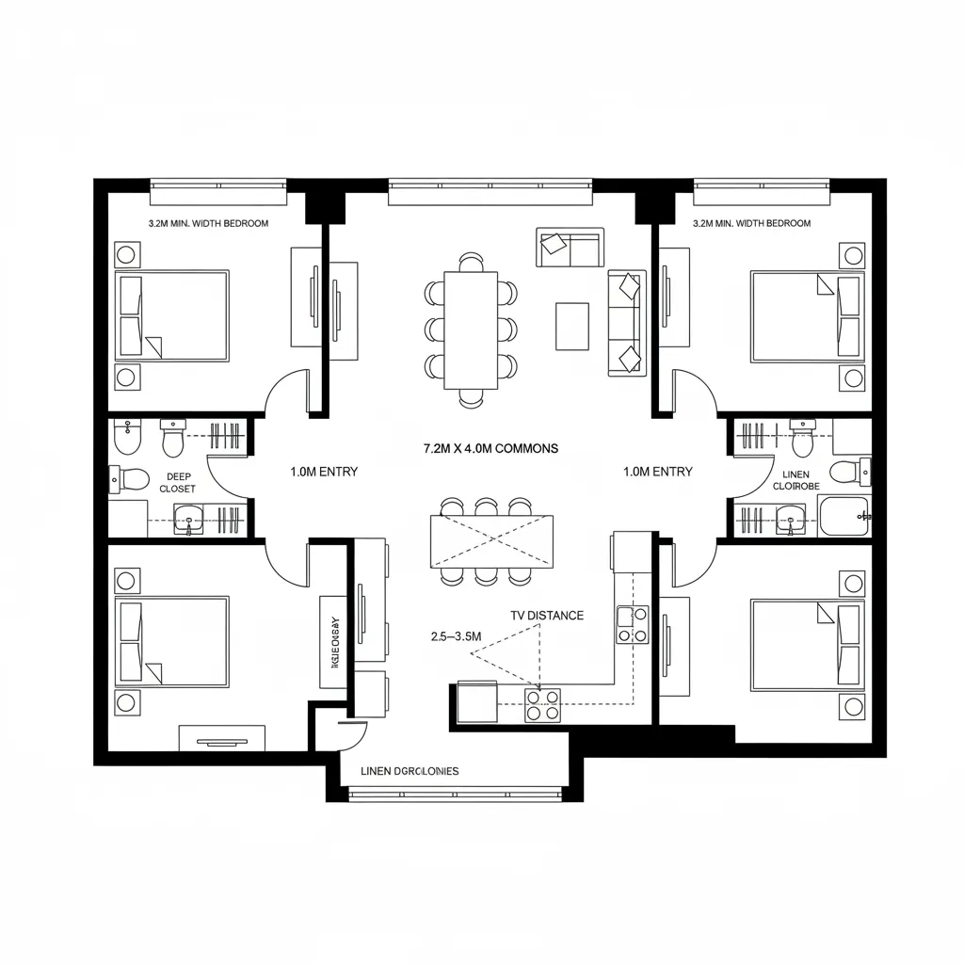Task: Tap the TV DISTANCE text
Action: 547,616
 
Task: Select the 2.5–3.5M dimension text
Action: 455,637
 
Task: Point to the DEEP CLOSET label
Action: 178,483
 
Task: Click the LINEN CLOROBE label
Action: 796,481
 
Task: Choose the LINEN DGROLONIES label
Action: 410,771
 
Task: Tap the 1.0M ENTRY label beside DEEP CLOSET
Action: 324,472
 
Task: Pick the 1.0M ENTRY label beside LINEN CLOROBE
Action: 658,472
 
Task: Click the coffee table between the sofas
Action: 571,326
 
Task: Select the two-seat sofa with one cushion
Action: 570,247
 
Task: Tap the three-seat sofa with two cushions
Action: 627,323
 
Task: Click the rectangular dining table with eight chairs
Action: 471,329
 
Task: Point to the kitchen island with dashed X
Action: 491,541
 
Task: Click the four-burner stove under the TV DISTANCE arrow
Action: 541,705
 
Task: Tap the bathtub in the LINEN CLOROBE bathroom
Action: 844,516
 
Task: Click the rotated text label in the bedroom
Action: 334,642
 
